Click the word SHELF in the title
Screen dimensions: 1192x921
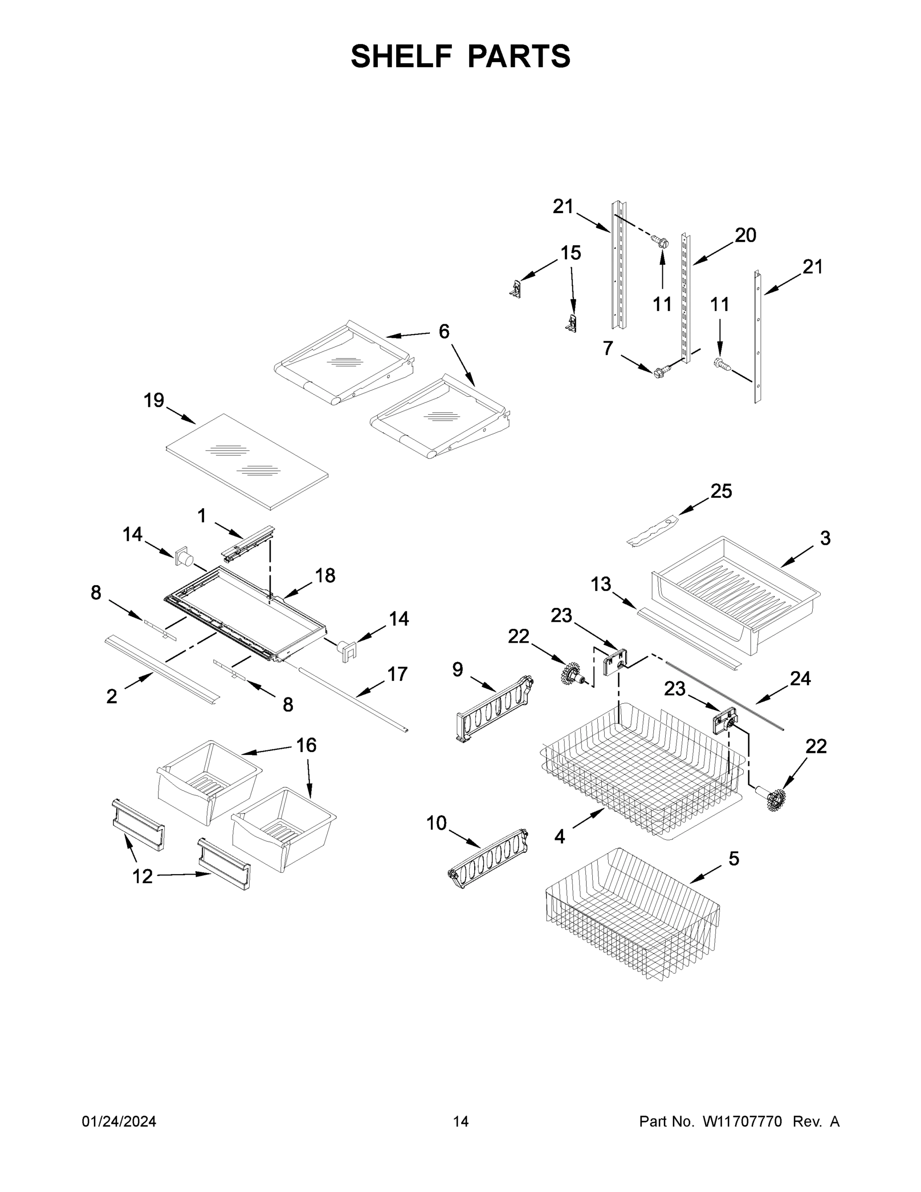[x=401, y=57]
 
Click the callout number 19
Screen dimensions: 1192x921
[x=154, y=401]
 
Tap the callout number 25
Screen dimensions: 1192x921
[x=721, y=491]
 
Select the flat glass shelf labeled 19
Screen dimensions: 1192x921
[x=247, y=462]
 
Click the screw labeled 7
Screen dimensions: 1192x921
[x=660, y=372]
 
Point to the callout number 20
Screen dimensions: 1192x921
[x=745, y=235]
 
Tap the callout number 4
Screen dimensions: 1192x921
[x=560, y=836]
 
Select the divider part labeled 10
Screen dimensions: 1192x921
[x=487, y=859]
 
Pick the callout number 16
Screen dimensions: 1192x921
[x=306, y=745]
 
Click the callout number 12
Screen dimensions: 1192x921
[x=142, y=877]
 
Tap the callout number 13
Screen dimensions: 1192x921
[x=601, y=585]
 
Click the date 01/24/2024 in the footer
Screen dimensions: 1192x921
[x=119, y=1121]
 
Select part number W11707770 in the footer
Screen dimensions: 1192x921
[x=742, y=1121]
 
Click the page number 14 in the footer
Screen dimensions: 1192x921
[x=461, y=1121]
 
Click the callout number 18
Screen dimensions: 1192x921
[x=325, y=575]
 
